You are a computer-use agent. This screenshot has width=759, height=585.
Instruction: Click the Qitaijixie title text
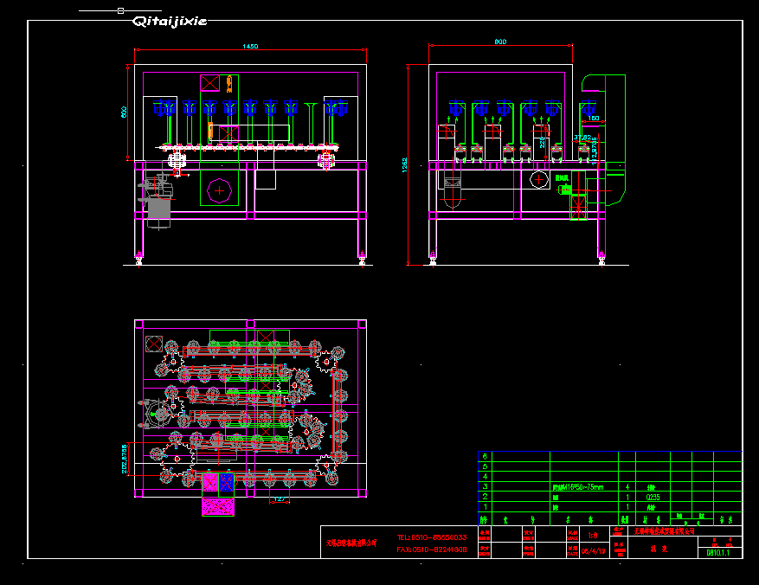pos(169,22)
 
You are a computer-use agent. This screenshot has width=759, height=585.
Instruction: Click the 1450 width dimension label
pos(249,45)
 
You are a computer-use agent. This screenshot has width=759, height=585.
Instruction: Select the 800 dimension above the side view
pos(500,42)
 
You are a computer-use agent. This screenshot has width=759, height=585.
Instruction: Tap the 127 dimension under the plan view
pos(280,499)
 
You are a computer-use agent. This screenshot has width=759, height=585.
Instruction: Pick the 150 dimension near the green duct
pos(594,118)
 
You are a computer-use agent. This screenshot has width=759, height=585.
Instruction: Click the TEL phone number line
pos(432,537)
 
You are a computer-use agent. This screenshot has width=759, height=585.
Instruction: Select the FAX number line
pos(432,549)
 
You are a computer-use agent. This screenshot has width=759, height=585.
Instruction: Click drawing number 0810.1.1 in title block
pos(718,552)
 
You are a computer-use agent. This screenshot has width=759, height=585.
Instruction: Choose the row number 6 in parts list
pos(485,456)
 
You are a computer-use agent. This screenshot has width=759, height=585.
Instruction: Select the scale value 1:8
pos(592,535)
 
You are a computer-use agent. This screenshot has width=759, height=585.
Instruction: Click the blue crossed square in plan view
pos(226,481)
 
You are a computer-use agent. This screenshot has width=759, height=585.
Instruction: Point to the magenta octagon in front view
pos(219,190)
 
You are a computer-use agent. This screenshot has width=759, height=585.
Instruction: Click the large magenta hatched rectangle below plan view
pos(218,507)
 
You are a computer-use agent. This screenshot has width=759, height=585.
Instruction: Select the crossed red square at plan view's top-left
pos(155,342)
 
